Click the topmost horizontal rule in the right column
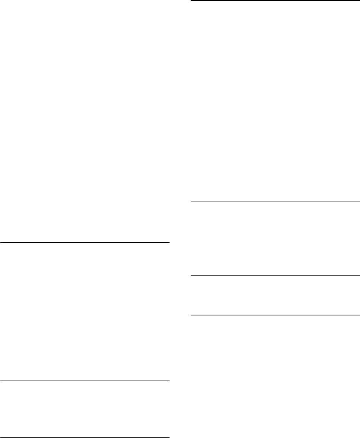(275, 1)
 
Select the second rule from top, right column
(275, 201)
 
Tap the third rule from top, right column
(275, 276)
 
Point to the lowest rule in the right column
(275, 315)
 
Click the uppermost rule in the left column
(85, 243)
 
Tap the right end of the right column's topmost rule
(359, 1)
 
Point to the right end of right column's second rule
(359, 201)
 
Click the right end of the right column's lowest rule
(359, 315)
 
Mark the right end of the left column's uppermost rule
(168, 243)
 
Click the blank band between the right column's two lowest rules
(275, 296)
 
